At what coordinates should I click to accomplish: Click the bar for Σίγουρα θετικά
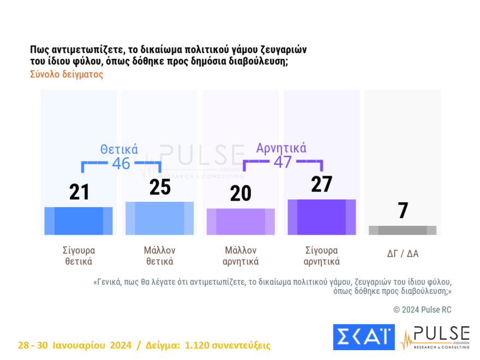(x=79, y=221)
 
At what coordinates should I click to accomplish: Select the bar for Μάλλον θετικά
(x=159, y=218)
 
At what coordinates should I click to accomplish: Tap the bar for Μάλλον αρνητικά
(x=241, y=221)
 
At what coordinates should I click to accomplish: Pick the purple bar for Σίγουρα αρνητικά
(x=321, y=217)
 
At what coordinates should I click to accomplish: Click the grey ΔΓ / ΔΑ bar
(x=403, y=230)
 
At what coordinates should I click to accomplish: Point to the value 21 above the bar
(x=79, y=192)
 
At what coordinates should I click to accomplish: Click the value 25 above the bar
(x=160, y=187)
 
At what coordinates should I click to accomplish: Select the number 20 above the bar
(x=241, y=193)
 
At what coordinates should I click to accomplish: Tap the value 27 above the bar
(x=321, y=184)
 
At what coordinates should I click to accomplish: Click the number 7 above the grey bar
(x=403, y=211)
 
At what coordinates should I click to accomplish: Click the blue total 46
(x=121, y=163)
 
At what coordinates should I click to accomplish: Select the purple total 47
(x=283, y=162)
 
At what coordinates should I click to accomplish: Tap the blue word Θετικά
(x=119, y=149)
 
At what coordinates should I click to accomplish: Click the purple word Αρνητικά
(x=281, y=148)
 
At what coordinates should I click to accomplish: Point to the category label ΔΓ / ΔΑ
(x=403, y=254)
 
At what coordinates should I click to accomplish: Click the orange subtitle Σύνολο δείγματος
(x=67, y=75)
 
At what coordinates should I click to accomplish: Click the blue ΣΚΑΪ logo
(x=363, y=337)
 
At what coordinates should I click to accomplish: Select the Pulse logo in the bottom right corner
(x=435, y=338)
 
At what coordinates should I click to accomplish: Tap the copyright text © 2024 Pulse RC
(x=422, y=309)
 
